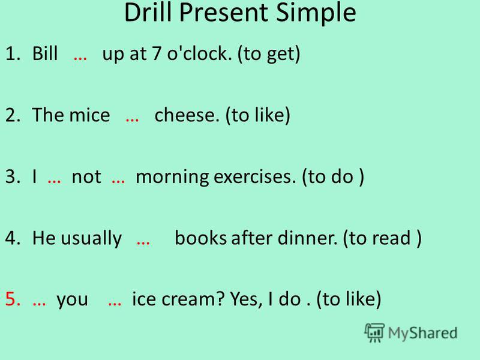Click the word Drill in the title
(148, 12)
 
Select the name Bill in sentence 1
(44, 53)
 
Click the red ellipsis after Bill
(80, 58)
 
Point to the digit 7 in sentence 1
(157, 53)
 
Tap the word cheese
(187, 115)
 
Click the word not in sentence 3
(86, 177)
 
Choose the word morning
(172, 178)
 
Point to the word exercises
(254, 177)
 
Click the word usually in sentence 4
(91, 239)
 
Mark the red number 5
(13, 299)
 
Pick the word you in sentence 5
(72, 301)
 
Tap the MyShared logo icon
(374, 332)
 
